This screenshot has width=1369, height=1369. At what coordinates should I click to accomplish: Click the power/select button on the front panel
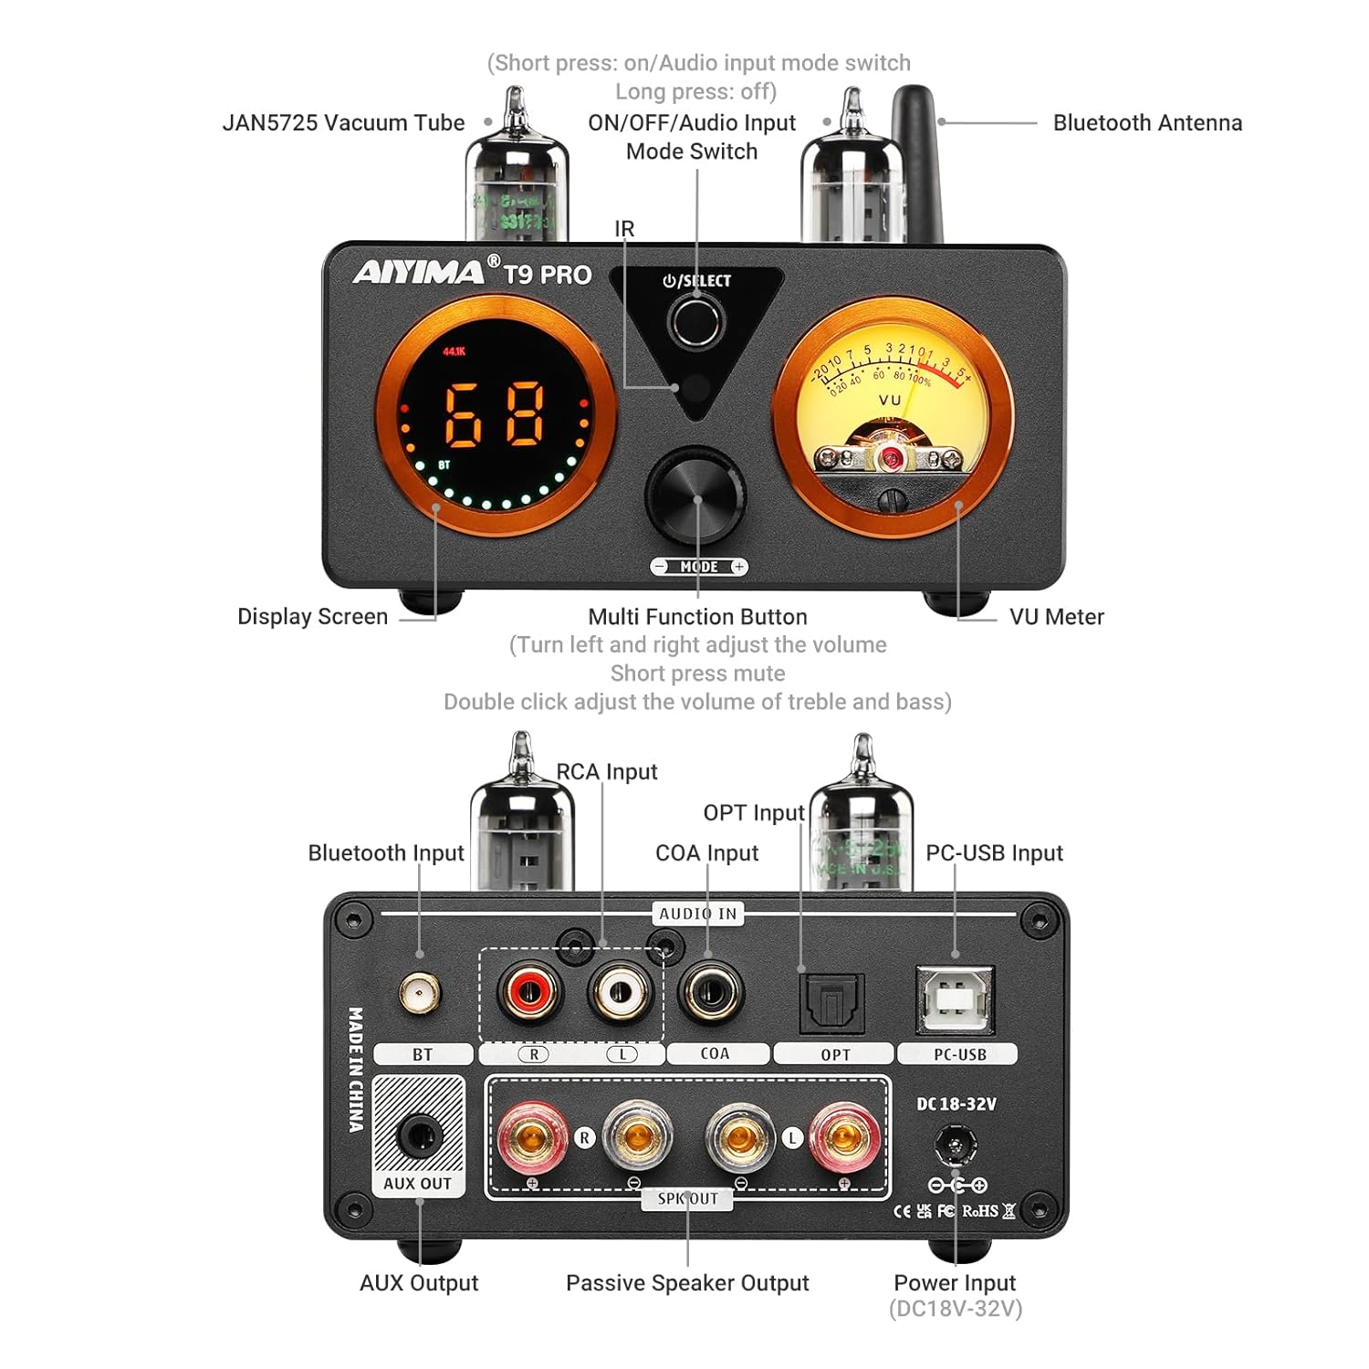tap(695, 320)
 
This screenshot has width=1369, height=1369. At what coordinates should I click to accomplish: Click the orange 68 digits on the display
tap(496, 413)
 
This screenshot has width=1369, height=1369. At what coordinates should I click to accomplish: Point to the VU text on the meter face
tap(890, 400)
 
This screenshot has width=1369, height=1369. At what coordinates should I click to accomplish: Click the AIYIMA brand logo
tap(420, 272)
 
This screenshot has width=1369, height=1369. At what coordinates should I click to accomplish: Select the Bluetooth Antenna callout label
tap(1147, 122)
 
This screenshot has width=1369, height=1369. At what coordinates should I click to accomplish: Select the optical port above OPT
tap(831, 1002)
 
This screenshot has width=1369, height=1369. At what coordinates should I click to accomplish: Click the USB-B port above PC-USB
tap(955, 1000)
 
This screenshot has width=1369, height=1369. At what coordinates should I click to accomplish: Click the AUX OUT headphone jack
tap(419, 1136)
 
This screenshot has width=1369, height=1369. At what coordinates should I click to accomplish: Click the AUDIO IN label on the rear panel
tap(698, 914)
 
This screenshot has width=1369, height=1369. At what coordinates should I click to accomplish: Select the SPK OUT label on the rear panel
tap(688, 1198)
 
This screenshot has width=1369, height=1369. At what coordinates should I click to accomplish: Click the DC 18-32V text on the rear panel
tap(956, 1103)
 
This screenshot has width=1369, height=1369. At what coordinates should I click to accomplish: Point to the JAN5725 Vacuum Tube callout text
tap(343, 122)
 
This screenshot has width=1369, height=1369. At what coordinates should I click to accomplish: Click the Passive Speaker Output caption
tap(687, 1282)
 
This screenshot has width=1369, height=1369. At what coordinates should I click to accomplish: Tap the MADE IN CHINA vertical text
tap(355, 1070)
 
